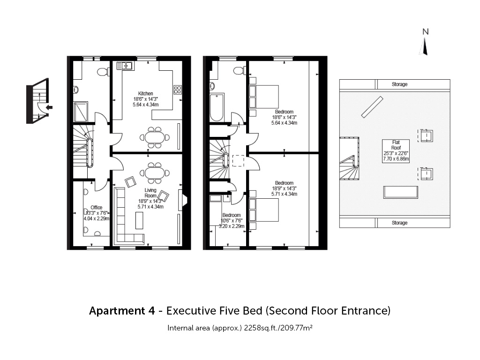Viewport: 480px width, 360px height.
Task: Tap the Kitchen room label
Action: tap(145, 93)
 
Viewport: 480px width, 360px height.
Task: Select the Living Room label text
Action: tap(150, 193)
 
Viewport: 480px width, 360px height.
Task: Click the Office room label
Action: tap(97, 207)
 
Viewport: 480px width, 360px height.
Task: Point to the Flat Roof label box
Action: tap(396, 151)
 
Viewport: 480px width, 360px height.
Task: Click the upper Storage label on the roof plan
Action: tap(399, 84)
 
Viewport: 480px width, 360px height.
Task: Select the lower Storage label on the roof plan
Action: tap(399, 223)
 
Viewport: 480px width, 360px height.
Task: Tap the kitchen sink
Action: tap(124, 66)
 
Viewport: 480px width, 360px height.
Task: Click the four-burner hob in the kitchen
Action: tap(178, 90)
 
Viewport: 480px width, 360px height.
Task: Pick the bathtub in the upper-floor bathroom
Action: tap(217, 107)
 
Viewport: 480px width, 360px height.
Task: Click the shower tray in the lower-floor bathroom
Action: tap(81, 112)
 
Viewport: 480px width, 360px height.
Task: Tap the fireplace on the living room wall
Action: tap(183, 200)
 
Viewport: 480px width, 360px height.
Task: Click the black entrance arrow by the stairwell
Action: tap(49, 107)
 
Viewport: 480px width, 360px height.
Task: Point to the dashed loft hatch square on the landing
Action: tap(238, 161)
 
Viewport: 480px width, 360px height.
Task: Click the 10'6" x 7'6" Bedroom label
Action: tap(232, 220)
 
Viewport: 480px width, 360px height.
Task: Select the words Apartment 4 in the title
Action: tap(122, 311)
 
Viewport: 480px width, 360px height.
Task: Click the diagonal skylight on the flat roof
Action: tap(372, 107)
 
